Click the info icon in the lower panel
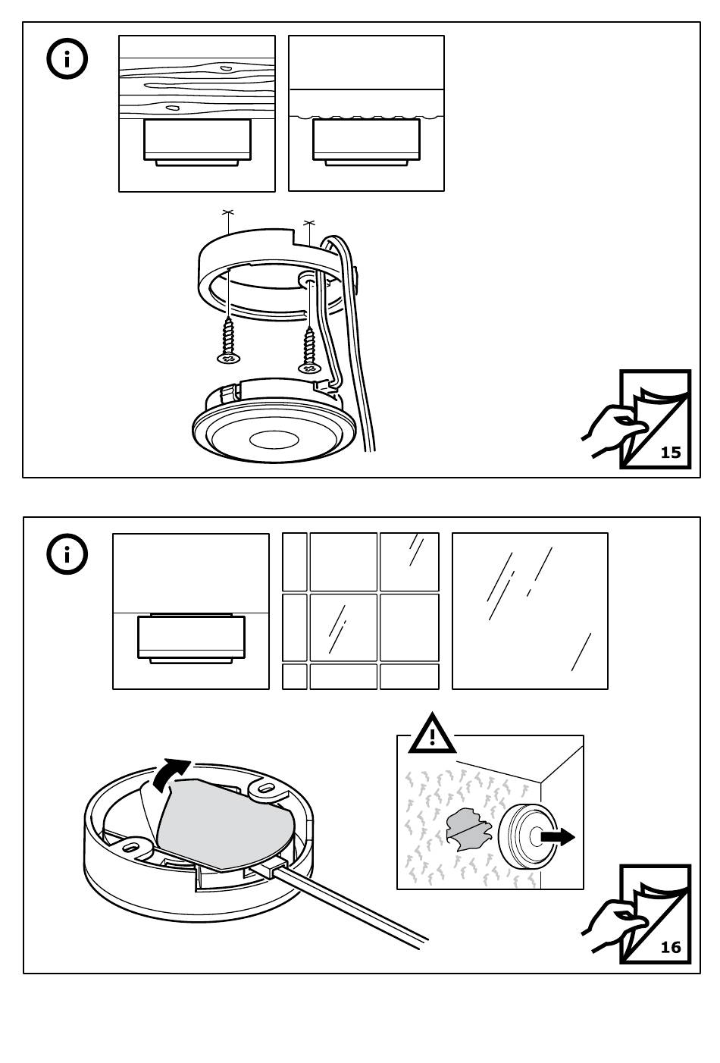point(67,555)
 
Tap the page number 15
point(671,453)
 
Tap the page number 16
point(671,947)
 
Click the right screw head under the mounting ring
point(309,368)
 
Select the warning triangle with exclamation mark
point(432,734)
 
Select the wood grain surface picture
point(197,114)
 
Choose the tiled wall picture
point(361,611)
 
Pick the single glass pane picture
point(530,611)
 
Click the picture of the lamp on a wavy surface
point(366,114)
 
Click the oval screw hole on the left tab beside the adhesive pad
point(133,844)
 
